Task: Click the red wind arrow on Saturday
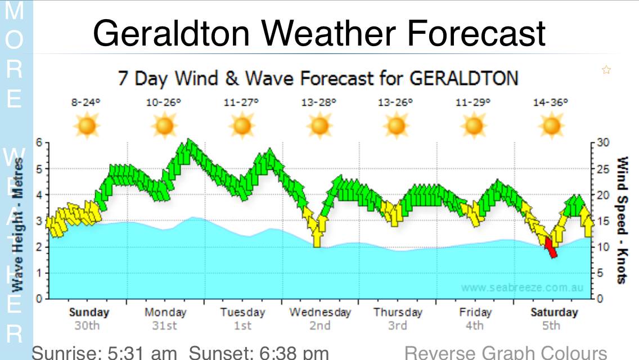[551, 247]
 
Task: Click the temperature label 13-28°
[319, 102]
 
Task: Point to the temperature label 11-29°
[473, 102]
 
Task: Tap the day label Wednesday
[320, 312]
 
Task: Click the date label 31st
[165, 326]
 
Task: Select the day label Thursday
[398, 312]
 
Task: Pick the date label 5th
[552, 326]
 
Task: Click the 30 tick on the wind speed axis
[602, 142]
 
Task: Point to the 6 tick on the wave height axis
[39, 142]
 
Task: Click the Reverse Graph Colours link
[506, 353]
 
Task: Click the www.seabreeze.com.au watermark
[522, 288]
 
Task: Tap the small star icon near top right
[606, 70]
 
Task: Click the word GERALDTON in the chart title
[463, 78]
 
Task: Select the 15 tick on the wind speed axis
[602, 220]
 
